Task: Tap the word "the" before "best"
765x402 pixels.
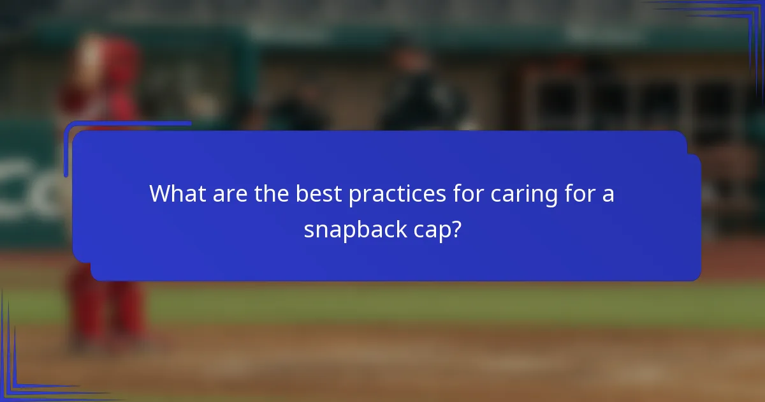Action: point(272,194)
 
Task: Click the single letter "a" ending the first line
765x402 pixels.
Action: point(608,195)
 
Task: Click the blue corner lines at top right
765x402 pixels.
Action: point(733,19)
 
